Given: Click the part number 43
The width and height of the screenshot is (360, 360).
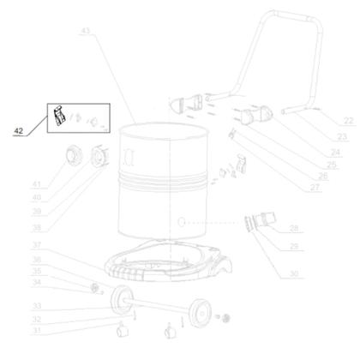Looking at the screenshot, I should coord(84,32).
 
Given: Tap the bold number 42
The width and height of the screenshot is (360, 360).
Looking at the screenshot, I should coord(19,131).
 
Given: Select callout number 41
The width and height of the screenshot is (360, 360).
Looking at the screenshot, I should coord(37,184).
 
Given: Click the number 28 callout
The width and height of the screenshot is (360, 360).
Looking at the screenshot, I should coord(294,229).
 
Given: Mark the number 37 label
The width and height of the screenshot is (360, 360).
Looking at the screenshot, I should coord(36,246).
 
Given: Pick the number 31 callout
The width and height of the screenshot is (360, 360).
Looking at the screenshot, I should coord(36,330).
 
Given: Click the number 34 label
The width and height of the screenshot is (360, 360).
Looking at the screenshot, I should coord(36,281).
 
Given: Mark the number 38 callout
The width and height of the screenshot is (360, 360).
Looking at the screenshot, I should coord(36,228).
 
